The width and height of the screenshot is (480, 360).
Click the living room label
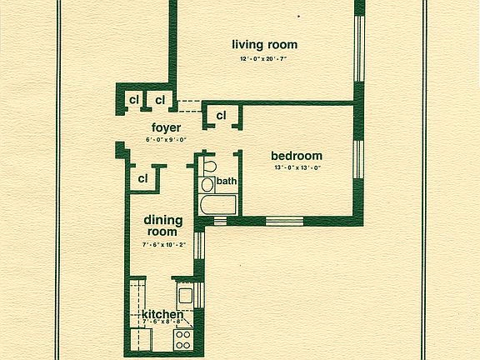[265, 45]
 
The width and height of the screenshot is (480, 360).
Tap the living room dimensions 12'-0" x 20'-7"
[263, 58]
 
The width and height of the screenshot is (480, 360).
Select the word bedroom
[297, 156]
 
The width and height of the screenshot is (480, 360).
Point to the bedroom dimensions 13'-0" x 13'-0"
[297, 167]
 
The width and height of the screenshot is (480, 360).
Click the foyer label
[166, 128]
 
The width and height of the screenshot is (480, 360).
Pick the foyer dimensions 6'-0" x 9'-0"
[166, 140]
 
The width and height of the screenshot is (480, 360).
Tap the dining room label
[163, 225]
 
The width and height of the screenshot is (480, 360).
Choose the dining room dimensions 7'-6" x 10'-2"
[164, 245]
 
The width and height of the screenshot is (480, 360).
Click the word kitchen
[162, 314]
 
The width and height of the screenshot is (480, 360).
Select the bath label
[227, 181]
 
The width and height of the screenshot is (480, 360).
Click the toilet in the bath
[209, 167]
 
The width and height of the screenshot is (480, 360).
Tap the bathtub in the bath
[217, 205]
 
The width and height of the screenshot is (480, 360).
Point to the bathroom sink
[207, 185]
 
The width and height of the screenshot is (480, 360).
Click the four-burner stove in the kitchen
[183, 340]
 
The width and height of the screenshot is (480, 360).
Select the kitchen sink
[185, 296]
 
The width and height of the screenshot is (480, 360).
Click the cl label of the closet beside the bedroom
[221, 115]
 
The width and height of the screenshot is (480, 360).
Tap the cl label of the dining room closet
[142, 178]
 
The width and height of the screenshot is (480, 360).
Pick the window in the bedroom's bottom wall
[284, 221]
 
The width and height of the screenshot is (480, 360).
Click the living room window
[359, 48]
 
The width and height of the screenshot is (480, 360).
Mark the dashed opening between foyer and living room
[189, 106]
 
